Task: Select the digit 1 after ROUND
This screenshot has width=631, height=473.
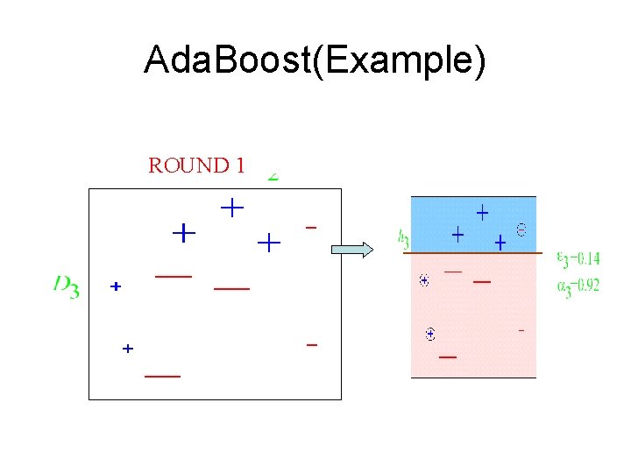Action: (x=238, y=166)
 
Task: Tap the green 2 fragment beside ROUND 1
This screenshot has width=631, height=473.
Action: (x=273, y=175)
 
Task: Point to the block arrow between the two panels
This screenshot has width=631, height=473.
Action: (x=351, y=250)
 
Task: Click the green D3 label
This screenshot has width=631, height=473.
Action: (x=66, y=286)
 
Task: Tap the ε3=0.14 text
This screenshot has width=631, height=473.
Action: (x=578, y=258)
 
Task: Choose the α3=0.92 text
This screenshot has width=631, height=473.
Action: (x=578, y=286)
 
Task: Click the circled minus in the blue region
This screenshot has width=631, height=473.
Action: (x=521, y=230)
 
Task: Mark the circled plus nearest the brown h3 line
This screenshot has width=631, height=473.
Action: (x=424, y=280)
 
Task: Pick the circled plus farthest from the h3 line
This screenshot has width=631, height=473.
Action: (x=430, y=334)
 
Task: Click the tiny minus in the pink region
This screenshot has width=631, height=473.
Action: (x=521, y=331)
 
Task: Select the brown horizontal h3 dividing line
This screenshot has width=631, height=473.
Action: (x=473, y=253)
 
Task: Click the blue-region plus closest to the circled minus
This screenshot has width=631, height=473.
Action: (x=500, y=241)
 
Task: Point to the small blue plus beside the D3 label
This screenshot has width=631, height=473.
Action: (x=115, y=286)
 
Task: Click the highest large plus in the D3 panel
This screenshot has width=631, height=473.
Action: (x=231, y=208)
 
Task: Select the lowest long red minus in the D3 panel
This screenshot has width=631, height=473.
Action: (x=162, y=375)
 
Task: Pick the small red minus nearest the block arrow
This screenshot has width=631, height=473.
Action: (x=311, y=228)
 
